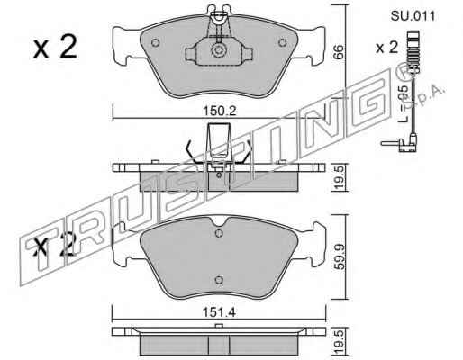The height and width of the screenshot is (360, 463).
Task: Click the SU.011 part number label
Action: [413, 16]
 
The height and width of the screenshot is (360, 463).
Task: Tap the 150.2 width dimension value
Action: [220, 111]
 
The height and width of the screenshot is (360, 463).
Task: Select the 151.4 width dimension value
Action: [219, 312]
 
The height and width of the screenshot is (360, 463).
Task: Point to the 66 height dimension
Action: [339, 52]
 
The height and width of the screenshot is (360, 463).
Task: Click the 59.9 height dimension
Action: [339, 256]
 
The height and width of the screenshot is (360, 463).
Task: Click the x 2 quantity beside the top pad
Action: [55, 47]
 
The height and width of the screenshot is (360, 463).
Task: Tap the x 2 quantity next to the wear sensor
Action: [387, 48]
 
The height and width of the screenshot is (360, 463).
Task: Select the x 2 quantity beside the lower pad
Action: [54, 246]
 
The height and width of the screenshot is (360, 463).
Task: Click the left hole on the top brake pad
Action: [155, 43]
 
